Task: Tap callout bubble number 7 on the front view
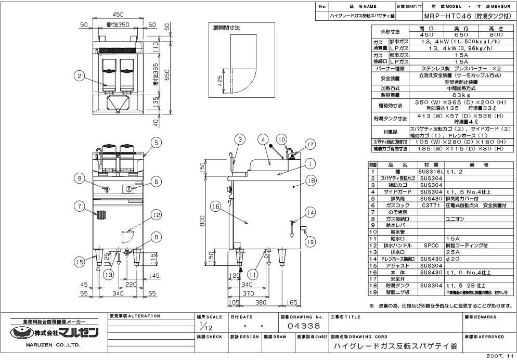point(79,207)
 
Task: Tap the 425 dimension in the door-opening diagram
point(221,81)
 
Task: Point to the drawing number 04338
point(304,326)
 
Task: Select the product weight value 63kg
point(458,95)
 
